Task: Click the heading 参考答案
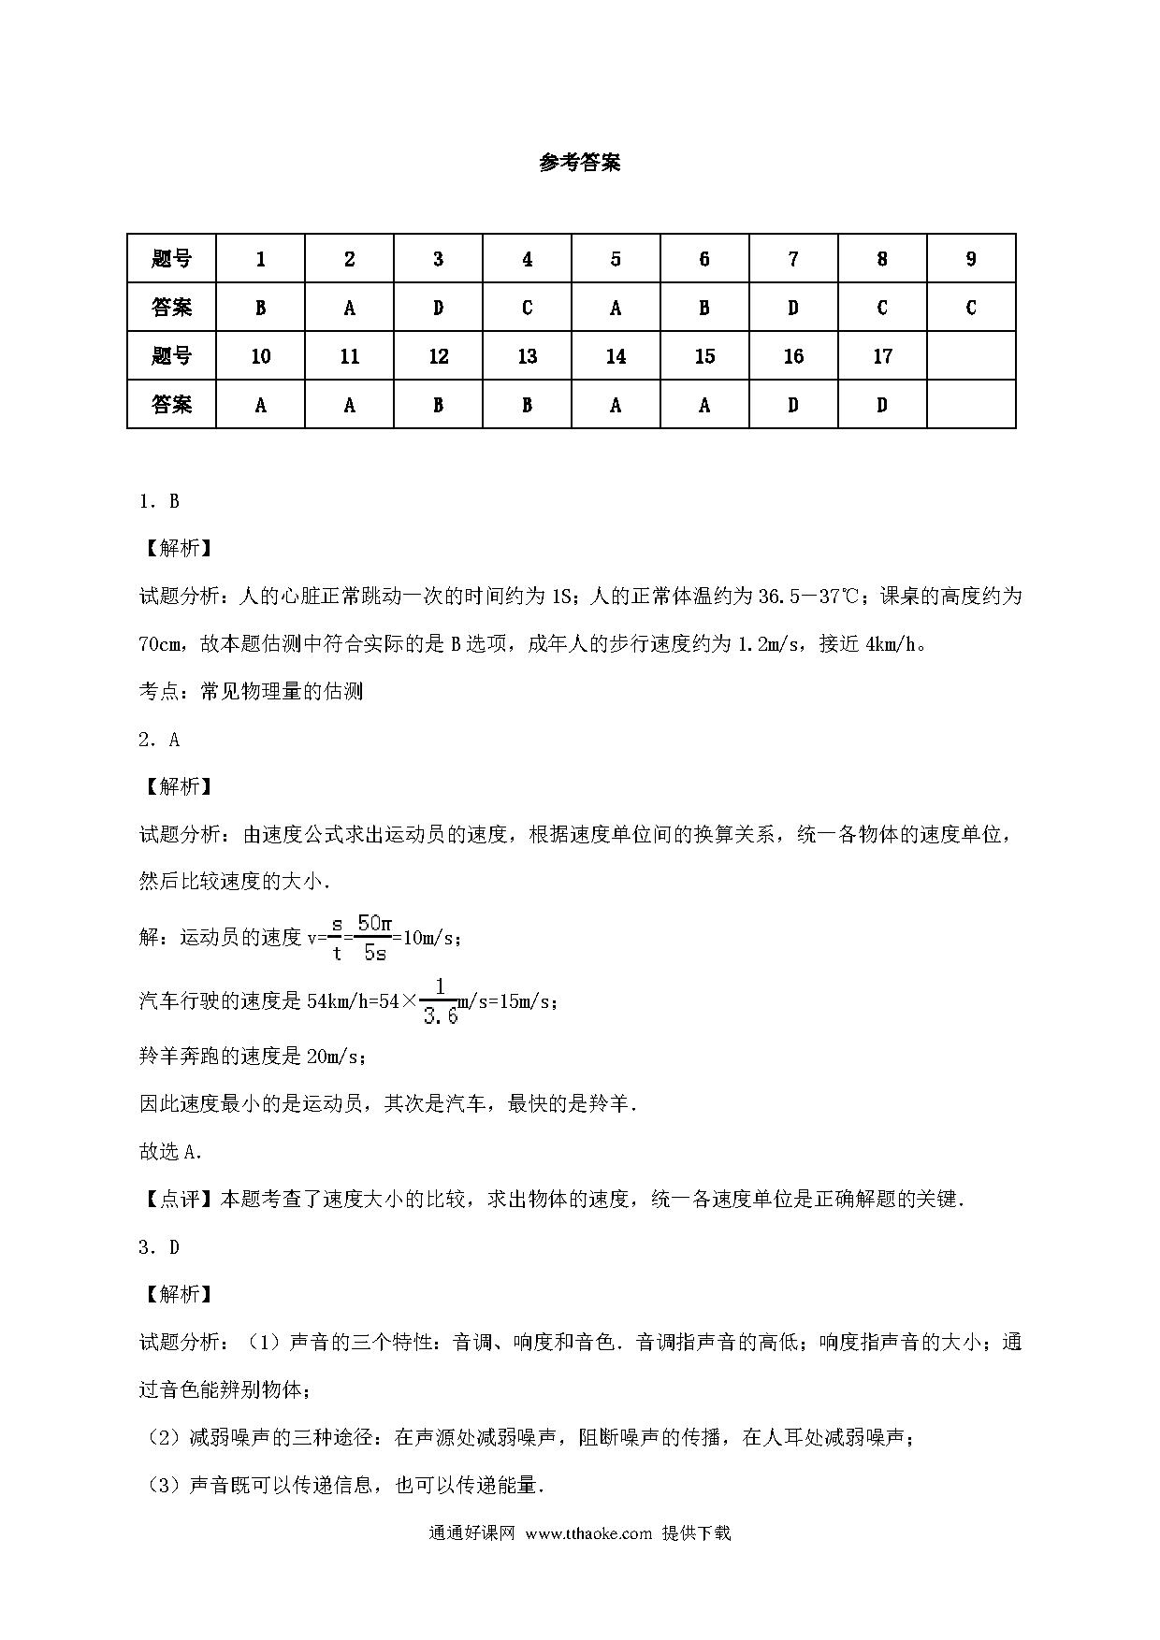click(579, 163)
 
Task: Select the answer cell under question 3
click(438, 308)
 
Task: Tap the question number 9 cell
click(971, 259)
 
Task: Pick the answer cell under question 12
click(438, 405)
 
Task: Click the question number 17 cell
click(882, 356)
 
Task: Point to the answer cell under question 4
click(527, 308)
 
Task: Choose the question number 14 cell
click(616, 356)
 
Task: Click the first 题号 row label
click(171, 259)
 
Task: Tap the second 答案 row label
click(171, 405)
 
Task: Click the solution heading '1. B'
click(159, 501)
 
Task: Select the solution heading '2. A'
click(159, 740)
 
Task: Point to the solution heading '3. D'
click(159, 1247)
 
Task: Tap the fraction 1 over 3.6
click(441, 1001)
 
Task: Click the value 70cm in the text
click(160, 644)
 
